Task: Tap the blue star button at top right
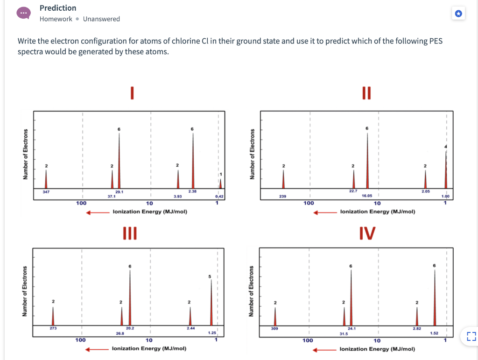click(x=458, y=14)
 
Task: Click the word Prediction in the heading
click(x=58, y=8)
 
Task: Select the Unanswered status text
click(x=101, y=19)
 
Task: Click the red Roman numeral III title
click(x=130, y=233)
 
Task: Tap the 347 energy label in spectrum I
click(x=46, y=192)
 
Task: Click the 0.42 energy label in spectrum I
click(x=219, y=197)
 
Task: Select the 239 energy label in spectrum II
click(x=282, y=197)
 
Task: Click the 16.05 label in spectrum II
click(x=367, y=197)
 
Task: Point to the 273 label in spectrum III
click(x=53, y=329)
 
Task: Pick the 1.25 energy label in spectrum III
click(x=211, y=333)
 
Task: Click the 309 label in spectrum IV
click(x=274, y=329)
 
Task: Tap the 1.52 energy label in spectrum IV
click(x=434, y=332)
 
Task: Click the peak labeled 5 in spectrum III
click(x=211, y=304)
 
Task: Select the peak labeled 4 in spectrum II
click(x=446, y=168)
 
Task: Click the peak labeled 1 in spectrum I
click(x=220, y=183)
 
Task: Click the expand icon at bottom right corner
click(x=470, y=336)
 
